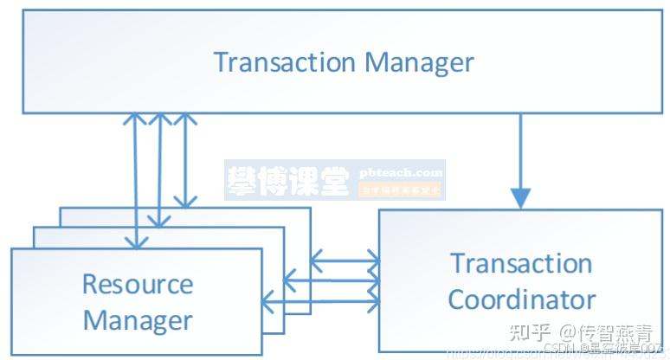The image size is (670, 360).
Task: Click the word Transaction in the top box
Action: coord(284,62)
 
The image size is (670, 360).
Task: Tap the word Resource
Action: coord(138,283)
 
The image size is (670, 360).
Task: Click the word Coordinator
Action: coord(522,299)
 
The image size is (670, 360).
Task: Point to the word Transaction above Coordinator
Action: coord(521,263)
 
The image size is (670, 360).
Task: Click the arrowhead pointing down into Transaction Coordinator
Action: coord(519,197)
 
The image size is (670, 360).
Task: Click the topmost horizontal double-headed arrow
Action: coord(345,259)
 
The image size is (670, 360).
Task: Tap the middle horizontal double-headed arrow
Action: coord(332,280)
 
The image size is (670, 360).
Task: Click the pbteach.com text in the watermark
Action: coord(401,172)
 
